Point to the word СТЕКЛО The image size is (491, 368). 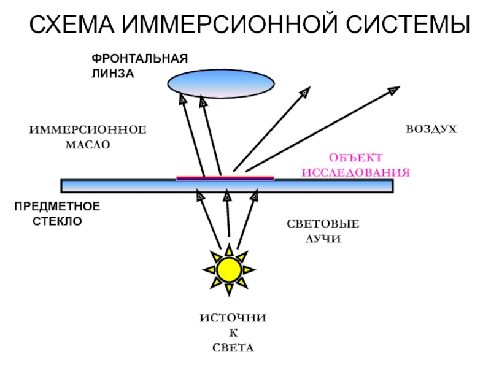57,220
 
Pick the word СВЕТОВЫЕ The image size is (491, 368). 323,224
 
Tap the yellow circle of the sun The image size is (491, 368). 230,268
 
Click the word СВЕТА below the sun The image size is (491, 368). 233,348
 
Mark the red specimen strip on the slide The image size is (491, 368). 225,178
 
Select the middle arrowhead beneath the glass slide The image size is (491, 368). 226,196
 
